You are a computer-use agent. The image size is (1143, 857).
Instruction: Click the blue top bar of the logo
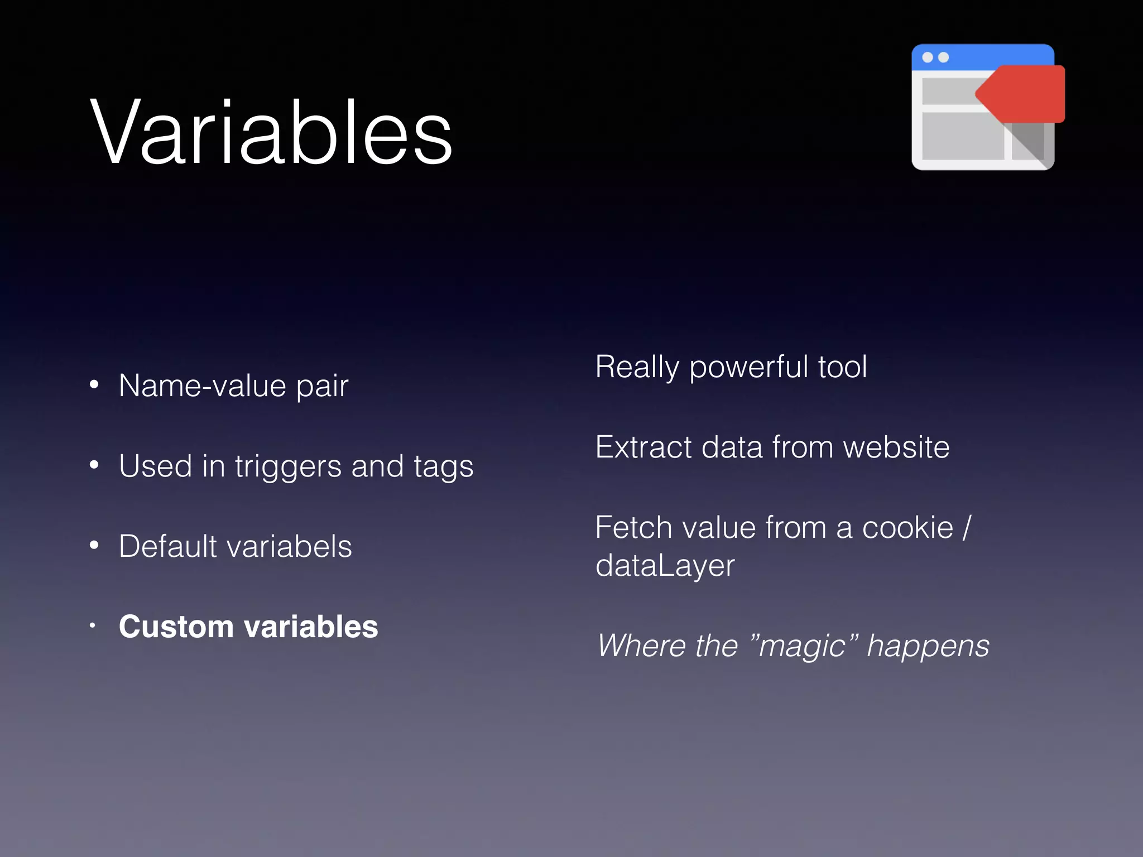tap(982, 57)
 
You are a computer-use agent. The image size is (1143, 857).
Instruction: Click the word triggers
tap(287, 466)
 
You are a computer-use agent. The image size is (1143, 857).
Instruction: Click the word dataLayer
tap(665, 566)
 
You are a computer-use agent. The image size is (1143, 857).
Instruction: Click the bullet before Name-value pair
tap(94, 384)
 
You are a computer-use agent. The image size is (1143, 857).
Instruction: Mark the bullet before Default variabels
tap(94, 545)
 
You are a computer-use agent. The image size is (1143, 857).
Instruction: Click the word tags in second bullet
tap(443, 466)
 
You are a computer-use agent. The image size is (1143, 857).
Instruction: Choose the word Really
tap(637, 368)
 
